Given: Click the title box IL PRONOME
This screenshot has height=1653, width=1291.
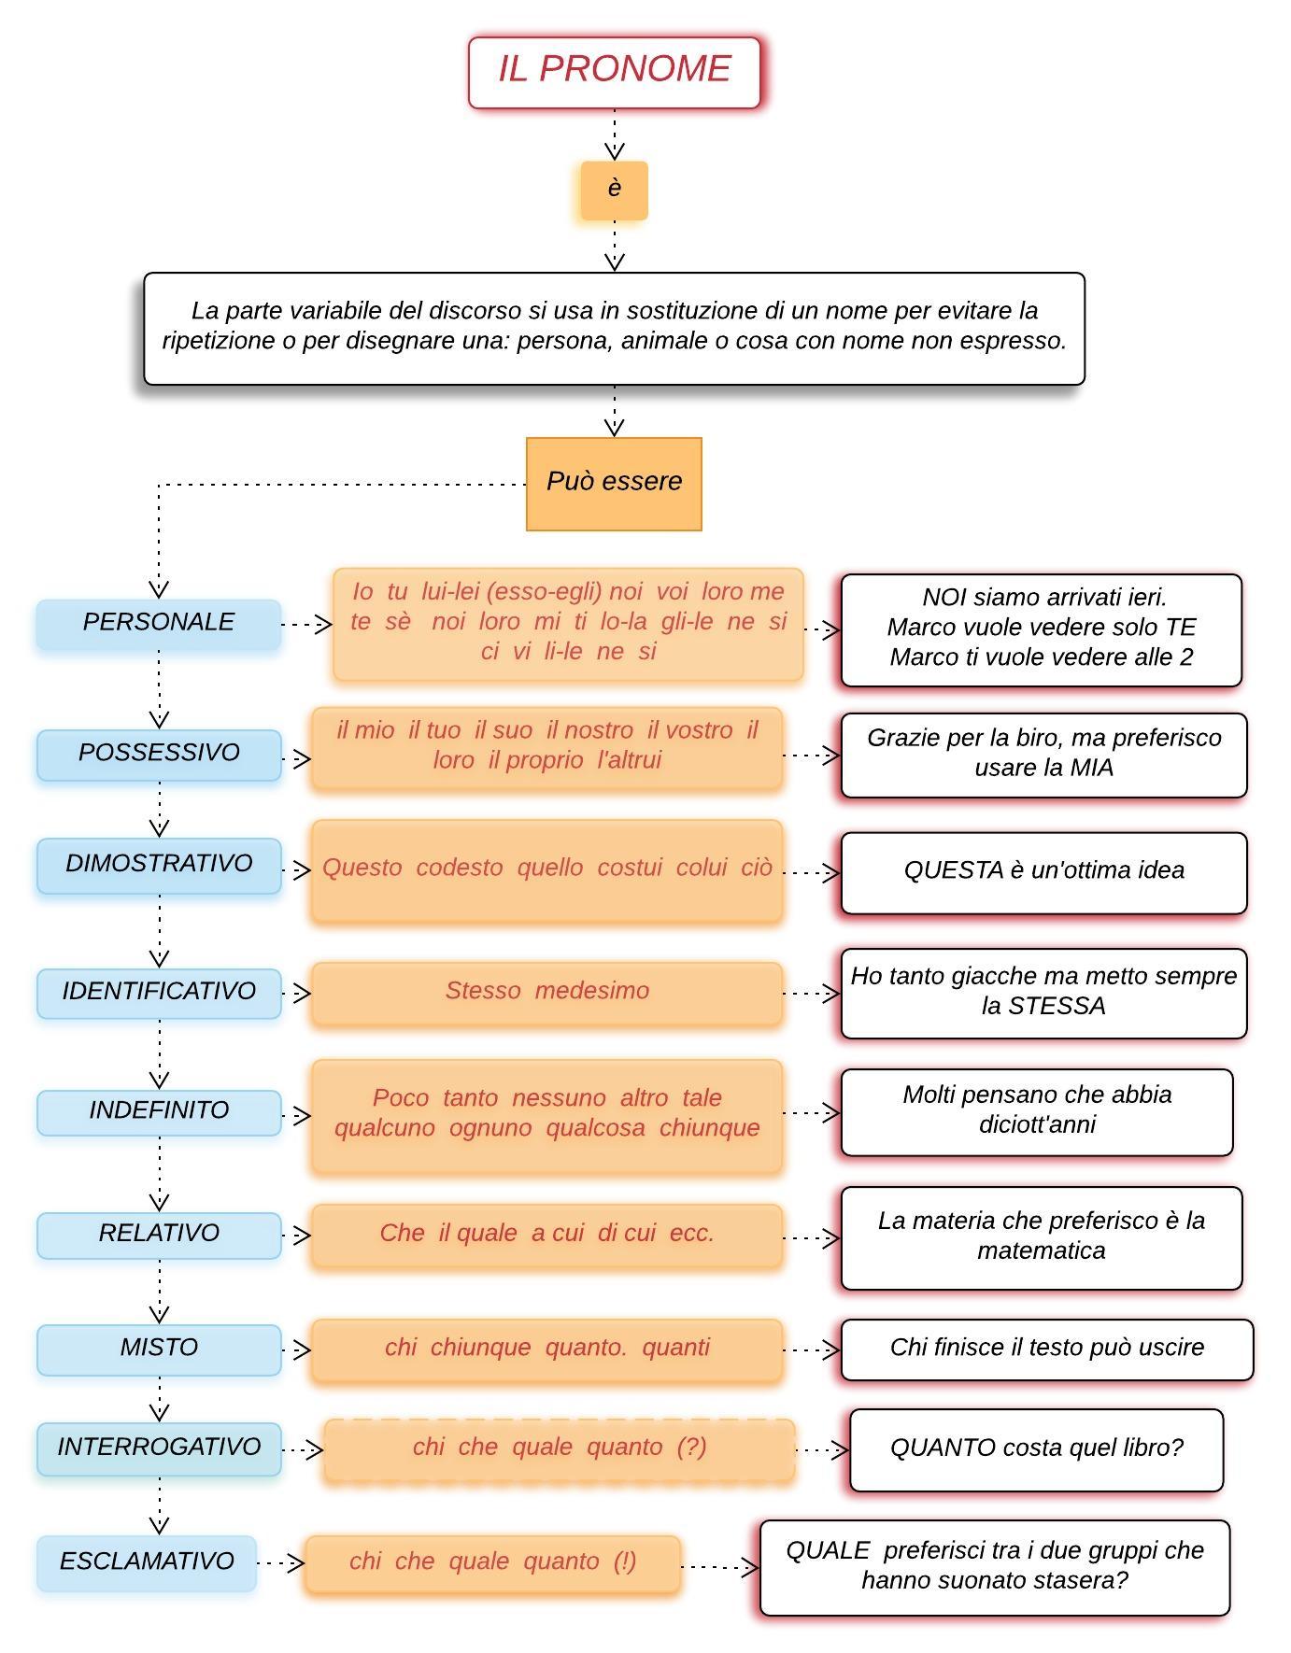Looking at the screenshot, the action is (614, 73).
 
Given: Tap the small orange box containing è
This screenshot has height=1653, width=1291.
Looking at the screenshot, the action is (614, 191).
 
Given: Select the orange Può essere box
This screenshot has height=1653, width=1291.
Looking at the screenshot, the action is (614, 484).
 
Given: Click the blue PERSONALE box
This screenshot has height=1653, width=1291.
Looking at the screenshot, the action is (159, 624).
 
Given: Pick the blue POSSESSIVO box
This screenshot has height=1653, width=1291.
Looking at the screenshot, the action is (159, 755).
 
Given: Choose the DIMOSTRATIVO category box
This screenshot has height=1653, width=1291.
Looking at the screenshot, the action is (159, 866).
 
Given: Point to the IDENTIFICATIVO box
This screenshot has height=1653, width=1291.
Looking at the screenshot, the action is (159, 993).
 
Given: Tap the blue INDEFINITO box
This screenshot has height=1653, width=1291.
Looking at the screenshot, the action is (159, 1112).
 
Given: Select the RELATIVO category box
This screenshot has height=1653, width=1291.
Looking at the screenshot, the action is (159, 1235).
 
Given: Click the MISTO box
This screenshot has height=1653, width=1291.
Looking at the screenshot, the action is (159, 1349).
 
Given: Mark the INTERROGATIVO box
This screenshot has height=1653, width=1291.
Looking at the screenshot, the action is (159, 1448).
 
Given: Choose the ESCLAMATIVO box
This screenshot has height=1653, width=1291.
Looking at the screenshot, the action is (147, 1562).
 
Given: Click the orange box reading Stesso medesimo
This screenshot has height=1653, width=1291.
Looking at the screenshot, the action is (546, 994).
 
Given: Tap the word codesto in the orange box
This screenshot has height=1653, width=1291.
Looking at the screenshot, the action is (460, 868).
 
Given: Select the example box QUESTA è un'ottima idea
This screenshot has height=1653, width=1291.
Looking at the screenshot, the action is (1043, 872).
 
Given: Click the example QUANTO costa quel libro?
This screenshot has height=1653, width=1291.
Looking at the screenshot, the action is (1036, 1449).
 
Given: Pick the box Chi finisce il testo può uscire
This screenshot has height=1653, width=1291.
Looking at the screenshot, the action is (1046, 1349).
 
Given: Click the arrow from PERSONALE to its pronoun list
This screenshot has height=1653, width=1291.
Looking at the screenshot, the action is (307, 624).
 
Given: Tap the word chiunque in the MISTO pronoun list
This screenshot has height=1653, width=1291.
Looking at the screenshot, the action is (480, 1348).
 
